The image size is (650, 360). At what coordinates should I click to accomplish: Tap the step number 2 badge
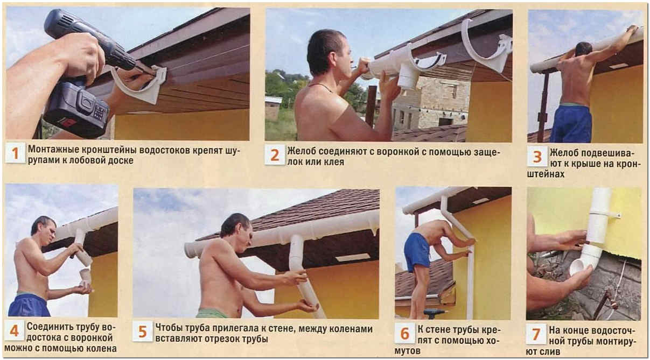[x=275, y=154]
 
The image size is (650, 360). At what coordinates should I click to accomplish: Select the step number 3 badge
[x=537, y=156]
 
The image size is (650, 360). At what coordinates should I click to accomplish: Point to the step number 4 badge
[x=14, y=330]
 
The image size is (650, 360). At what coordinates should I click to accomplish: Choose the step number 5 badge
[x=143, y=331]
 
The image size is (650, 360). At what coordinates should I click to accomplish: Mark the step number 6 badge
[x=404, y=333]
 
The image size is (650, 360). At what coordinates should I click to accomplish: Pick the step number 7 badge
[x=536, y=334]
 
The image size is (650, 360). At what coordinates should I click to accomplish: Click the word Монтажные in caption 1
[x=53, y=150]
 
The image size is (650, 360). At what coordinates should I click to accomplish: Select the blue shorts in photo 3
[x=571, y=123]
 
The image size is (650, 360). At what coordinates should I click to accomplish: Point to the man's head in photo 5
[x=236, y=229]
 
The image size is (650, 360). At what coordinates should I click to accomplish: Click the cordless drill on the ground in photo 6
[x=435, y=313]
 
